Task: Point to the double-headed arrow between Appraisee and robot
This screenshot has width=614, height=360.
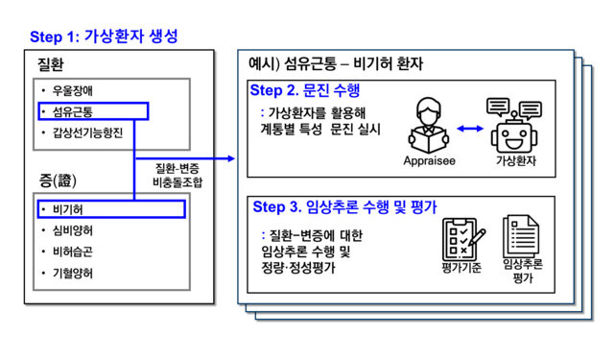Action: (x=469, y=127)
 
